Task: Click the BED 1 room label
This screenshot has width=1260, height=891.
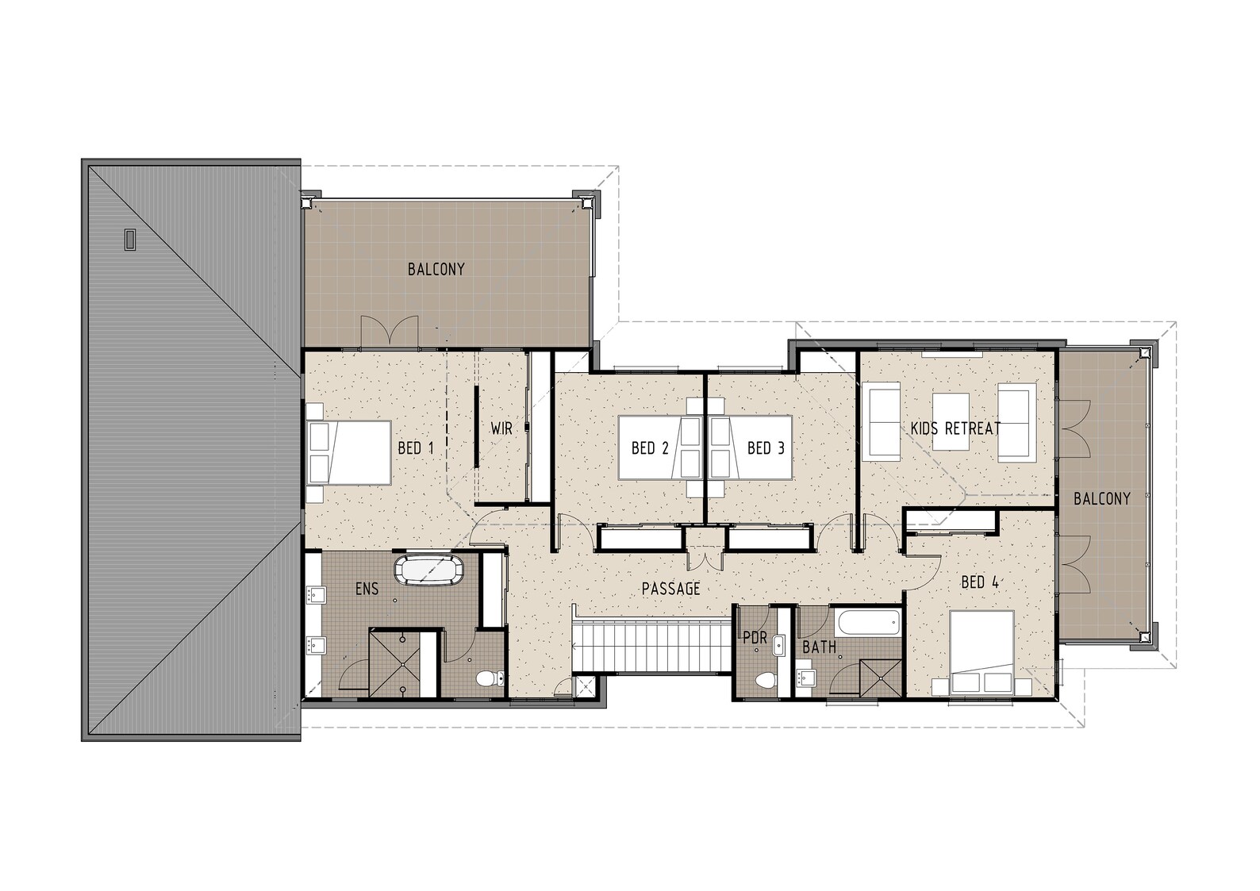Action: coord(415,448)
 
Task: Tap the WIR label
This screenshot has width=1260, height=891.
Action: coord(501,428)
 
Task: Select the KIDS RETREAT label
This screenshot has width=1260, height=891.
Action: coord(955,428)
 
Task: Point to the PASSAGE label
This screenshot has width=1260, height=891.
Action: coord(670,589)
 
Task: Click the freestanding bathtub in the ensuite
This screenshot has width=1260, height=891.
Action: coord(428,570)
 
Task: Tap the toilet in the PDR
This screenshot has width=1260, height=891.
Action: coord(765,680)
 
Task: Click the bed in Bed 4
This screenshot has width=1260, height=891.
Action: coord(982,652)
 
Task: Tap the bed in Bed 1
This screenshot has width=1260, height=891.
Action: coord(350,452)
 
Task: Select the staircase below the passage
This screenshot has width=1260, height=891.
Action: coord(651,646)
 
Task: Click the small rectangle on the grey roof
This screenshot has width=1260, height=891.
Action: coord(130,239)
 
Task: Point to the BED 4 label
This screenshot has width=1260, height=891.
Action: coord(979,582)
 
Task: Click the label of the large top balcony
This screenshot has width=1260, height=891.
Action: coord(436,269)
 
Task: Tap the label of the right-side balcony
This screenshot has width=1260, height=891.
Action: coord(1101,498)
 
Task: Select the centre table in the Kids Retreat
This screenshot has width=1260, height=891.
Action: coord(951,421)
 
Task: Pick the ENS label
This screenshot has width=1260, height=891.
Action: coord(367,589)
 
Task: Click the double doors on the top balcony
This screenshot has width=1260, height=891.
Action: coord(389,331)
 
